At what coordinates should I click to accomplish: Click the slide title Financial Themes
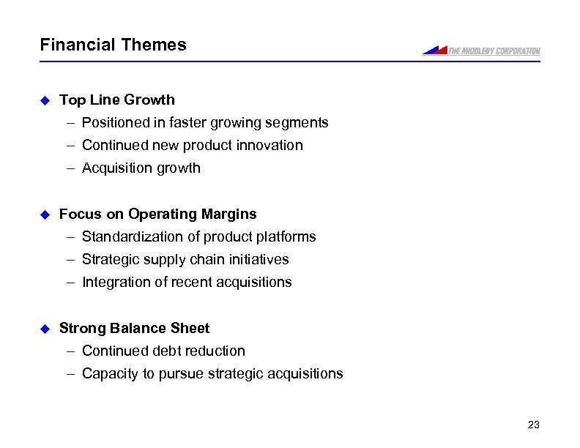tap(113, 45)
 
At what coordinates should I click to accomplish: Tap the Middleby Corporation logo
tap(481, 51)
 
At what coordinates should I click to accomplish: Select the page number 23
tap(533, 425)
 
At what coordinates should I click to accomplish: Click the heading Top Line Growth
tap(117, 100)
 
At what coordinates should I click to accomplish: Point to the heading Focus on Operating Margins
tap(158, 214)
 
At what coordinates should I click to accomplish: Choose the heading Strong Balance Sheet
tap(134, 328)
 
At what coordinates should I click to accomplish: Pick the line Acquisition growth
tap(141, 168)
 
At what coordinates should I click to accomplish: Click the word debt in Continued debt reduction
tap(168, 351)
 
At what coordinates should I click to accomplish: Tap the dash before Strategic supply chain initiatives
tap(70, 260)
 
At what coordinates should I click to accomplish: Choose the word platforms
tap(287, 236)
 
